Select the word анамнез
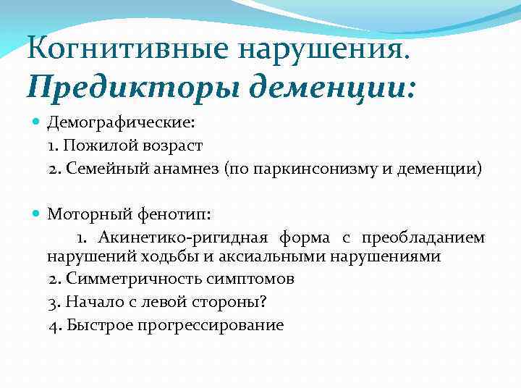186,169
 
